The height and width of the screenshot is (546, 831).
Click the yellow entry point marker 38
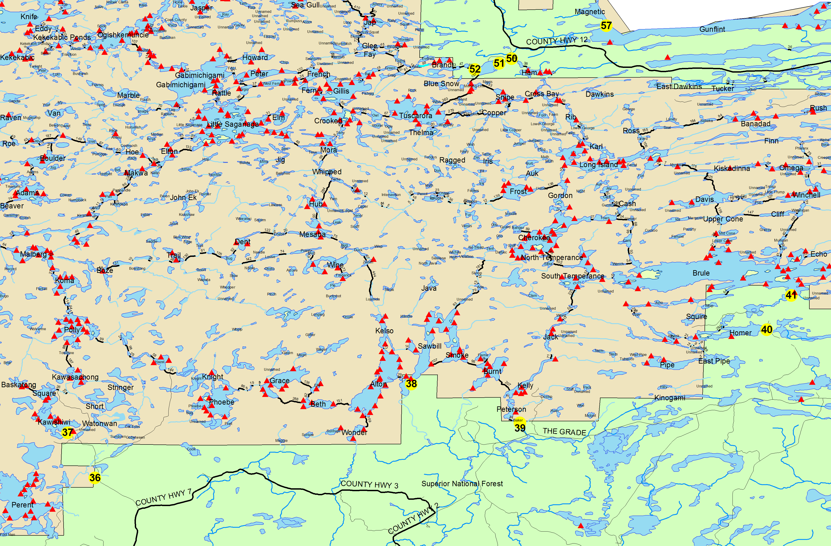(411, 384)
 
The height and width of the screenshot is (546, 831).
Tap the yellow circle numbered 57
(606, 25)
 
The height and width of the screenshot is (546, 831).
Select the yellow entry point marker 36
(95, 477)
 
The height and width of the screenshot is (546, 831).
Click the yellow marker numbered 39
(520, 428)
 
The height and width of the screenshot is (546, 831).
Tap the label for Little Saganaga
(233, 124)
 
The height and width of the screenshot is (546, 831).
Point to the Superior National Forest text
(462, 484)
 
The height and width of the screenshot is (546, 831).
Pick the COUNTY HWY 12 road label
(556, 41)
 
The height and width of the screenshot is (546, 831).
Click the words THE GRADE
(564, 432)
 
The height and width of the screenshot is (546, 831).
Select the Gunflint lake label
(712, 29)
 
